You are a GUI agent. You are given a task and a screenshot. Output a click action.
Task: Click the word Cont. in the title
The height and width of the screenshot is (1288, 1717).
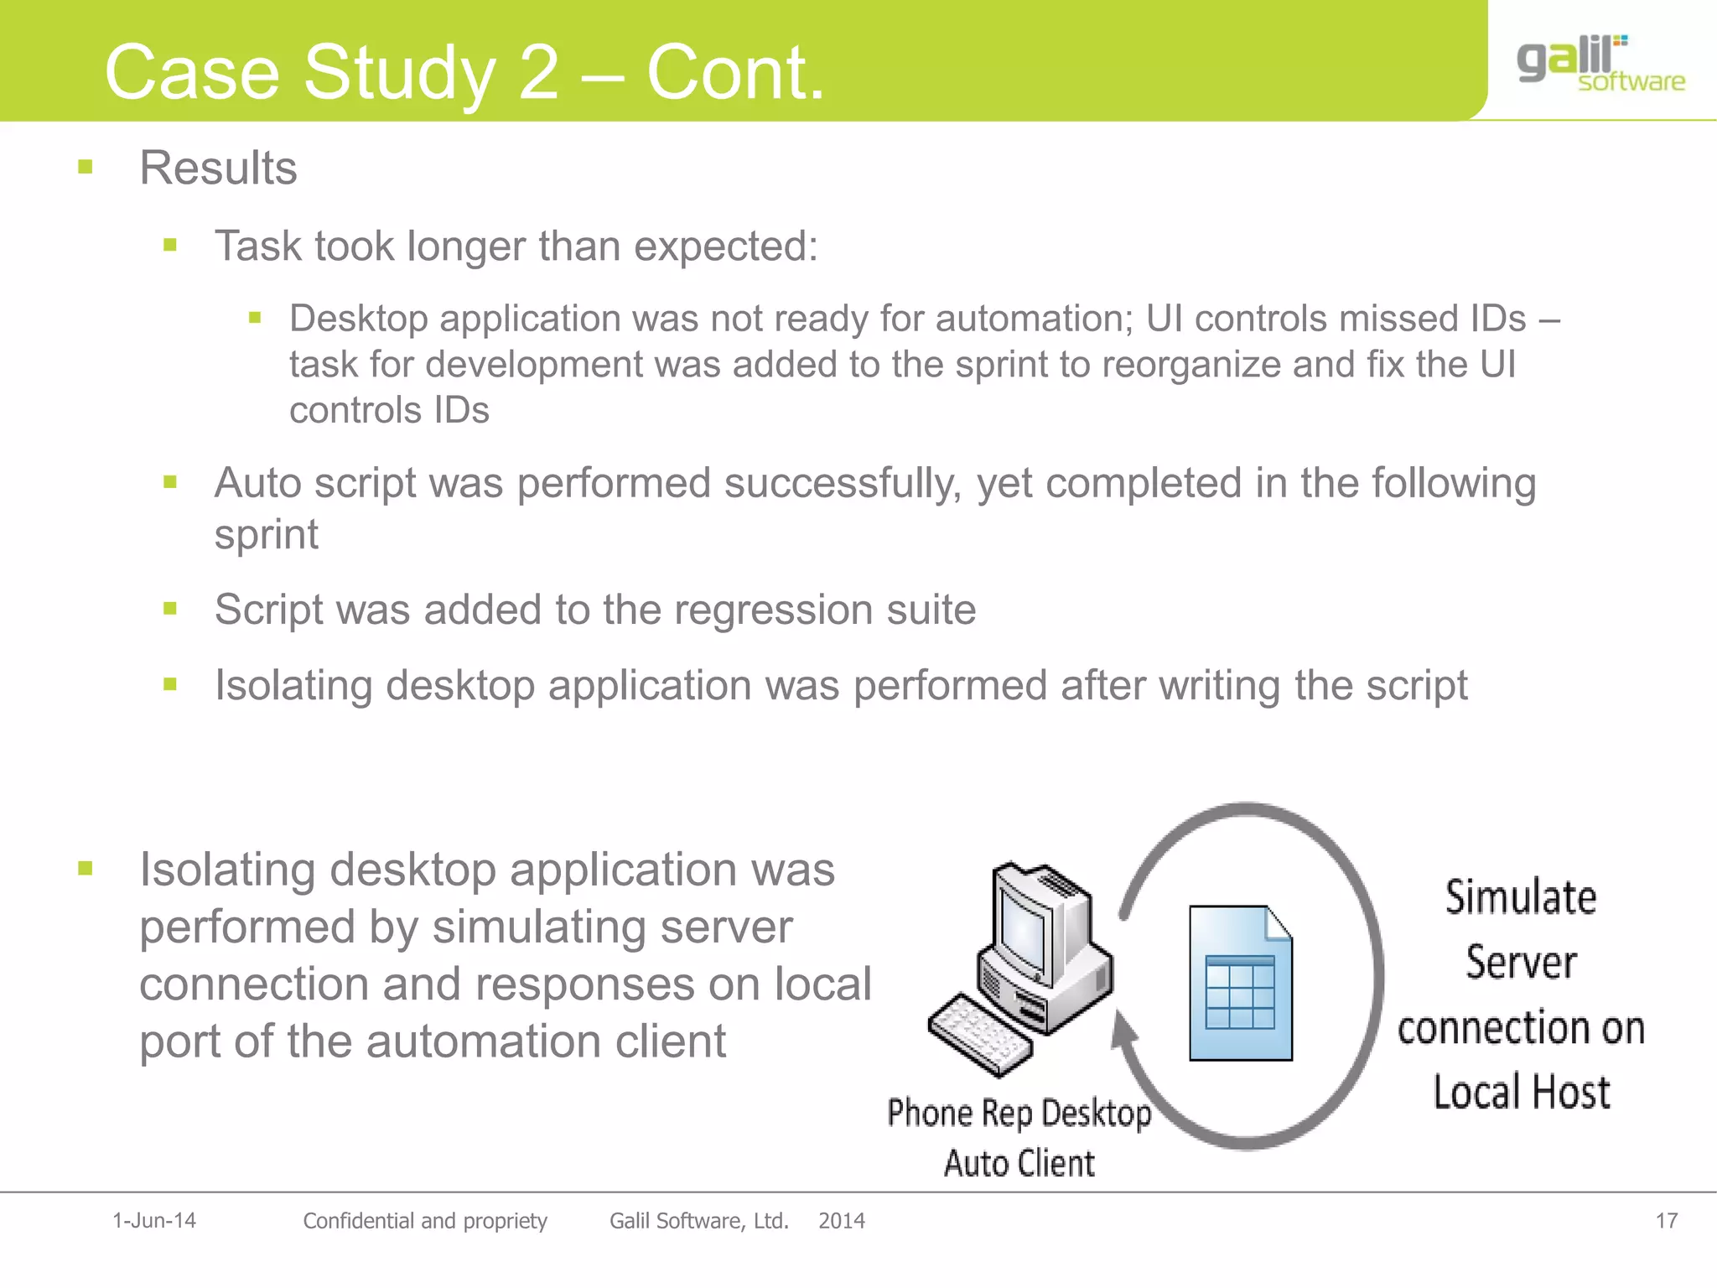pyautogui.click(x=735, y=74)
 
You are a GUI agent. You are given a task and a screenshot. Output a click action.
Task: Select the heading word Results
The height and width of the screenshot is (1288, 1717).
pyautogui.click(x=218, y=168)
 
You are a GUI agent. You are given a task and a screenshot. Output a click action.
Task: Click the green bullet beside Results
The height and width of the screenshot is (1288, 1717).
pyautogui.click(x=85, y=167)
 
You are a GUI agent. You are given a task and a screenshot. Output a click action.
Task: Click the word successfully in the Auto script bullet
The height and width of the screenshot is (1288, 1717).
pyautogui.click(x=842, y=484)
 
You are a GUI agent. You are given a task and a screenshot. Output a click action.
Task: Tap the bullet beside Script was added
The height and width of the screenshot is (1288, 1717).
pyautogui.click(x=170, y=609)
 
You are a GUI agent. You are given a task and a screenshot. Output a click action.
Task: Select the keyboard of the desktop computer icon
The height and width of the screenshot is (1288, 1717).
pyautogui.click(x=979, y=1034)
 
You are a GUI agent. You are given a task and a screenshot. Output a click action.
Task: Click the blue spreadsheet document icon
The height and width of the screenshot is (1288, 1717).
pyautogui.click(x=1240, y=983)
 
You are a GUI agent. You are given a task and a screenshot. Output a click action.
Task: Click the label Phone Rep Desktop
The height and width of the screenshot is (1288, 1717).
pyautogui.click(x=1019, y=1114)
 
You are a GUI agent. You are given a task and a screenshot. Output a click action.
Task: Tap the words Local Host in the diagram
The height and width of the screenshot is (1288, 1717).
pyautogui.click(x=1521, y=1093)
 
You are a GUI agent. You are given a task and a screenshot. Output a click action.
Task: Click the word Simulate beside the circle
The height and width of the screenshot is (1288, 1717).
pyautogui.click(x=1520, y=896)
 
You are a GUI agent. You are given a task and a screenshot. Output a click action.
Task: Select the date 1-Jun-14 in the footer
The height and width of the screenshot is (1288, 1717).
pyautogui.click(x=154, y=1221)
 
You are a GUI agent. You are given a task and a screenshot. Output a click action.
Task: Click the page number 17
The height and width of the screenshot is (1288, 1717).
pyautogui.click(x=1666, y=1221)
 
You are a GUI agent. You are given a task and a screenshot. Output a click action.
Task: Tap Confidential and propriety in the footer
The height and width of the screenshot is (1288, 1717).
pyautogui.click(x=424, y=1221)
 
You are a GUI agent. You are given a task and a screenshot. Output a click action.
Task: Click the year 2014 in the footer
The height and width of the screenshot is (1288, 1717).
pyautogui.click(x=841, y=1221)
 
